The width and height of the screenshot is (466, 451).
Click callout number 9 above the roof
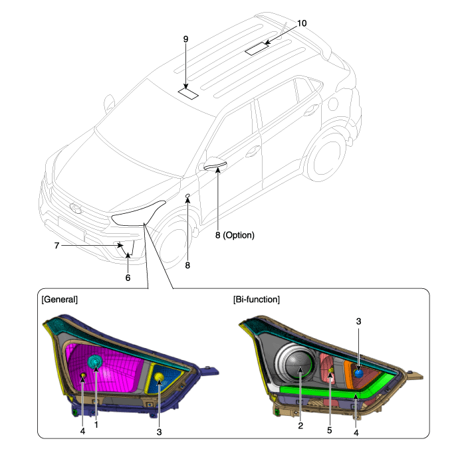pos(186,39)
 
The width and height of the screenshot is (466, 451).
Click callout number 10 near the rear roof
pos(302,23)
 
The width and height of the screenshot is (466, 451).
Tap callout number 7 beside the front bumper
pos(57,246)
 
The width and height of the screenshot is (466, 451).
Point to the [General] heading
pos(61,300)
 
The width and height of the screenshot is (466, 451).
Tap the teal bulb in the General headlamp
pos(95,362)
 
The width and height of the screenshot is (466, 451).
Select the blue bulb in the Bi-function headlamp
pos(358,373)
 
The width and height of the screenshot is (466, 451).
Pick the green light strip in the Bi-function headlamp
pos(332,391)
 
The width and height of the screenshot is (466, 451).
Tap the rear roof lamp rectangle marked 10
pos(257,48)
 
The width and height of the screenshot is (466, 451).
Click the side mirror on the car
pos(214,166)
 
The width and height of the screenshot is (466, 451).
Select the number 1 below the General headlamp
pos(96,424)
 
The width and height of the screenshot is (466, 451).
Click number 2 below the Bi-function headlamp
pos(300,426)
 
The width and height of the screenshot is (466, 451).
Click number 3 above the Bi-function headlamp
pos(358,321)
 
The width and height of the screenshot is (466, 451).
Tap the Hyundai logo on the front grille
pos(74,209)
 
